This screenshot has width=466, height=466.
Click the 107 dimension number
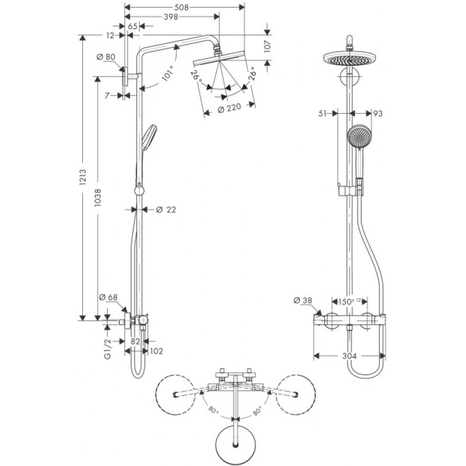pyautogui.click(x=268, y=46)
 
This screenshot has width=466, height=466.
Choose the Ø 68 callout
pyautogui.click(x=109, y=298)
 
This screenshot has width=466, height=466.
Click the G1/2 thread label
pyautogui.click(x=108, y=350)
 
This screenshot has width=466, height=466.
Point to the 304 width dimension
pyautogui.click(x=349, y=356)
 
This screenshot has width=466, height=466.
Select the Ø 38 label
pyautogui.click(x=304, y=300)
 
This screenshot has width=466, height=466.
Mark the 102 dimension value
pyautogui.click(x=156, y=351)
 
